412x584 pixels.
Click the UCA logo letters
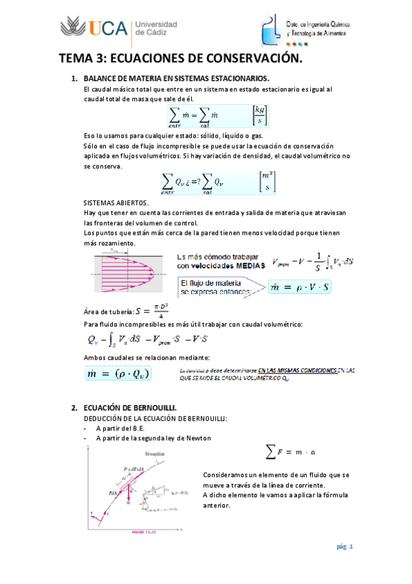107,28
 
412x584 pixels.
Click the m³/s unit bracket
265,182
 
